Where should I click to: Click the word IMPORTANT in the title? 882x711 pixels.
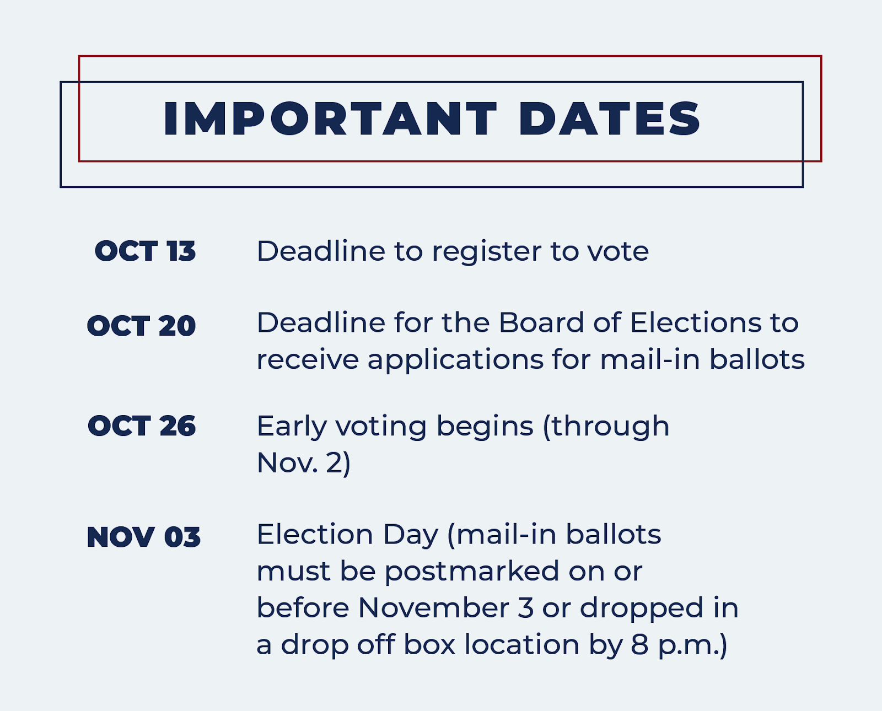tap(330, 118)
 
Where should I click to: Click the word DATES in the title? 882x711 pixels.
tap(610, 118)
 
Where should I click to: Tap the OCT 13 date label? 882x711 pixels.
tap(145, 251)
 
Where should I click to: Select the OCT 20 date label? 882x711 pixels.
tap(142, 326)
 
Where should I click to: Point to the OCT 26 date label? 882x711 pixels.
tap(142, 426)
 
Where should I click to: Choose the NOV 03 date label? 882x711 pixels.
tap(143, 537)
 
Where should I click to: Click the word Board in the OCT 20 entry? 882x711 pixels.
tap(541, 323)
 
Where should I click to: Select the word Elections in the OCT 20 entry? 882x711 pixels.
tap(696, 323)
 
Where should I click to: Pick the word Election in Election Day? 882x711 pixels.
tap(315, 535)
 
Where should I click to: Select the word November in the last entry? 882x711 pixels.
tap(434, 608)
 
